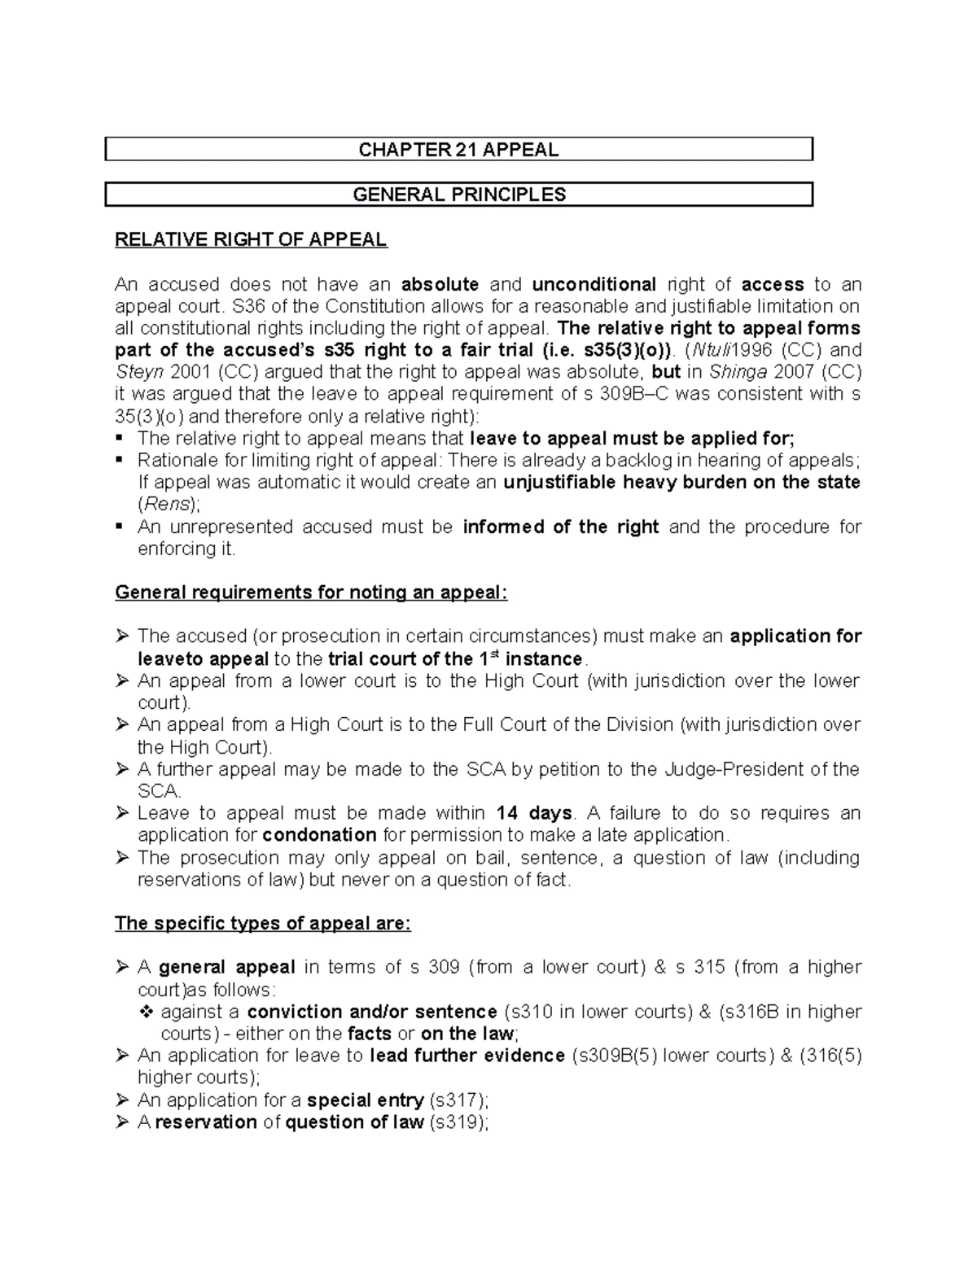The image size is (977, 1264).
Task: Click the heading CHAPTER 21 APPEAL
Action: click(x=458, y=150)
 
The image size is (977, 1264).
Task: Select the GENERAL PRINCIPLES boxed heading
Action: click(x=458, y=195)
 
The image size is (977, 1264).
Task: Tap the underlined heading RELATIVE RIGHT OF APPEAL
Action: click(x=251, y=239)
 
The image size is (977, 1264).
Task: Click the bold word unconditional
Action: click(x=594, y=284)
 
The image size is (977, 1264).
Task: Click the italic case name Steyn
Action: click(x=134, y=372)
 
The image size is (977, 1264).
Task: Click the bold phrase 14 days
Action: click(x=534, y=813)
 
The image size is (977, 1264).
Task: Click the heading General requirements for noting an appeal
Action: click(x=311, y=593)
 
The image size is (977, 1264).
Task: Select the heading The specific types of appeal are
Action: click(x=263, y=924)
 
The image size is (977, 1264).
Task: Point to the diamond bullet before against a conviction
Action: click(x=147, y=1012)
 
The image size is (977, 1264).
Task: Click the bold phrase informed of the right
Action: click(x=560, y=527)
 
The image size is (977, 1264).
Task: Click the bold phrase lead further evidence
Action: click(x=467, y=1056)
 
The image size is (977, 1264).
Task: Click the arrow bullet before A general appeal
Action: click(x=122, y=967)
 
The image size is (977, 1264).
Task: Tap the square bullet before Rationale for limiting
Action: click(x=120, y=459)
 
